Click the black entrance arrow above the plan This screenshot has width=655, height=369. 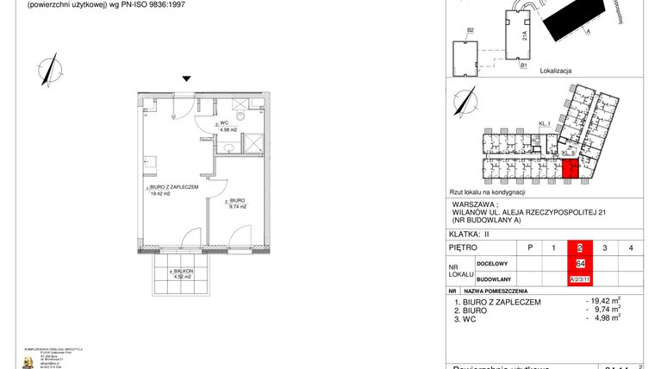point(184,78)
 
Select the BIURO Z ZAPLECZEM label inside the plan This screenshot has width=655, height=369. point(174,186)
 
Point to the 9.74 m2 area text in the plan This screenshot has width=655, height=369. point(237,207)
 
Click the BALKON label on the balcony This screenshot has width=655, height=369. point(183,271)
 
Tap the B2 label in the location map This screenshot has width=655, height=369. point(471,31)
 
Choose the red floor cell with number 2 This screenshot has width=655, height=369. point(579,248)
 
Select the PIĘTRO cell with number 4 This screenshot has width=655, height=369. point(632,248)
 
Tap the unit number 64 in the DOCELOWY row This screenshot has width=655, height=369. point(580,264)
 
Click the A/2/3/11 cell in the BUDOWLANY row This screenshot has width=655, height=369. point(580,279)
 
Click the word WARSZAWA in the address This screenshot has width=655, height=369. point(476,204)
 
